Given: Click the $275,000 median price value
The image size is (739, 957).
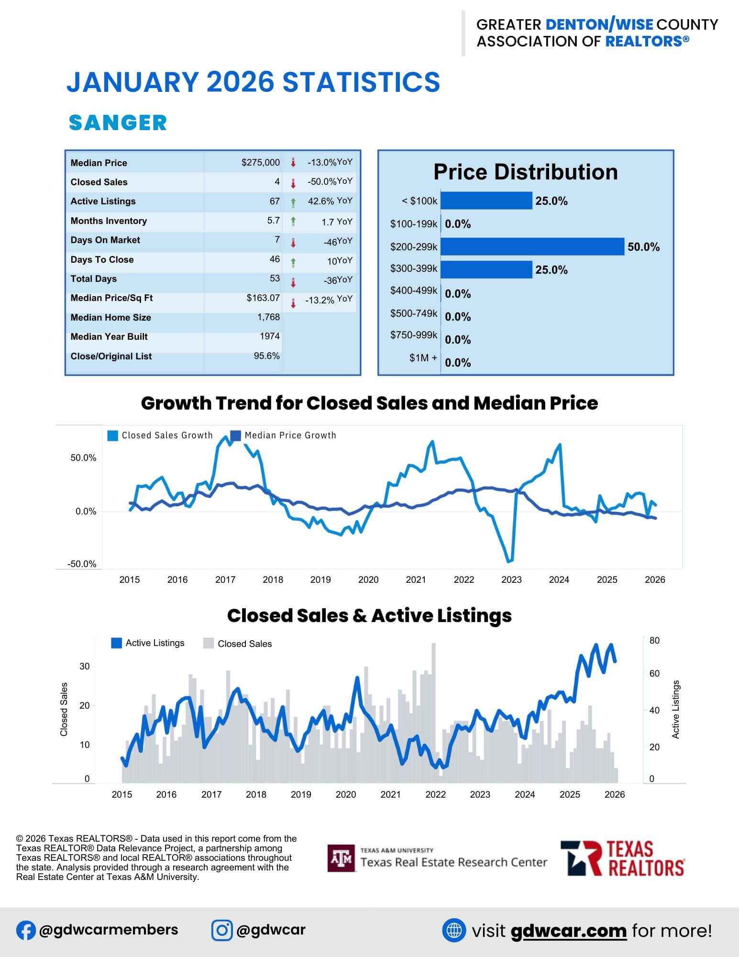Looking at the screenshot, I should (260, 163).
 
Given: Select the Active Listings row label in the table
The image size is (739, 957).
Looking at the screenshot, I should (103, 201).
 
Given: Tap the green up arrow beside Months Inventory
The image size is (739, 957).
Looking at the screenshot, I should (293, 221).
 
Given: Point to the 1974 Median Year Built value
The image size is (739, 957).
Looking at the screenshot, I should (269, 336).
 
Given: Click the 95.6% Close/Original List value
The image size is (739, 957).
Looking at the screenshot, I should (266, 356).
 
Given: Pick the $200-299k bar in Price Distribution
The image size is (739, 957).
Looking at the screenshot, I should (532, 247).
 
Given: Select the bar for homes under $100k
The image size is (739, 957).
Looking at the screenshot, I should (486, 201).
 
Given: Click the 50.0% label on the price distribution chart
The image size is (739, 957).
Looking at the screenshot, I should (643, 247).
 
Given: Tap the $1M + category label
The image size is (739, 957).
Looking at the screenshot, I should (423, 358).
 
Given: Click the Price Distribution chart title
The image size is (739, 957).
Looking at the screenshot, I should (525, 172).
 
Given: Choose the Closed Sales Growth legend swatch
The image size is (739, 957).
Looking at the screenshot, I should (113, 435).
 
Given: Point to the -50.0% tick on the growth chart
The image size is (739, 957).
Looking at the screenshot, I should (82, 564).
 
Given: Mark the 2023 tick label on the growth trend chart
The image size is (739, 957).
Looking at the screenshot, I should (511, 580).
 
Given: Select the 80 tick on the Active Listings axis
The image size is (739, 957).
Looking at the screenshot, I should (654, 641).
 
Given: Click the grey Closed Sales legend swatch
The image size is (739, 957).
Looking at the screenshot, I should (209, 644).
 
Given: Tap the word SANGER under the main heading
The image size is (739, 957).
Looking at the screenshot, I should (118, 123).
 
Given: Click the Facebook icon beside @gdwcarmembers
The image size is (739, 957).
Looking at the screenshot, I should (26, 930).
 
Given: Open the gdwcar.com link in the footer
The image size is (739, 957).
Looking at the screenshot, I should (568, 931).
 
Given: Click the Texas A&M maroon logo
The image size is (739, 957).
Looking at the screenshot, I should (341, 858).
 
